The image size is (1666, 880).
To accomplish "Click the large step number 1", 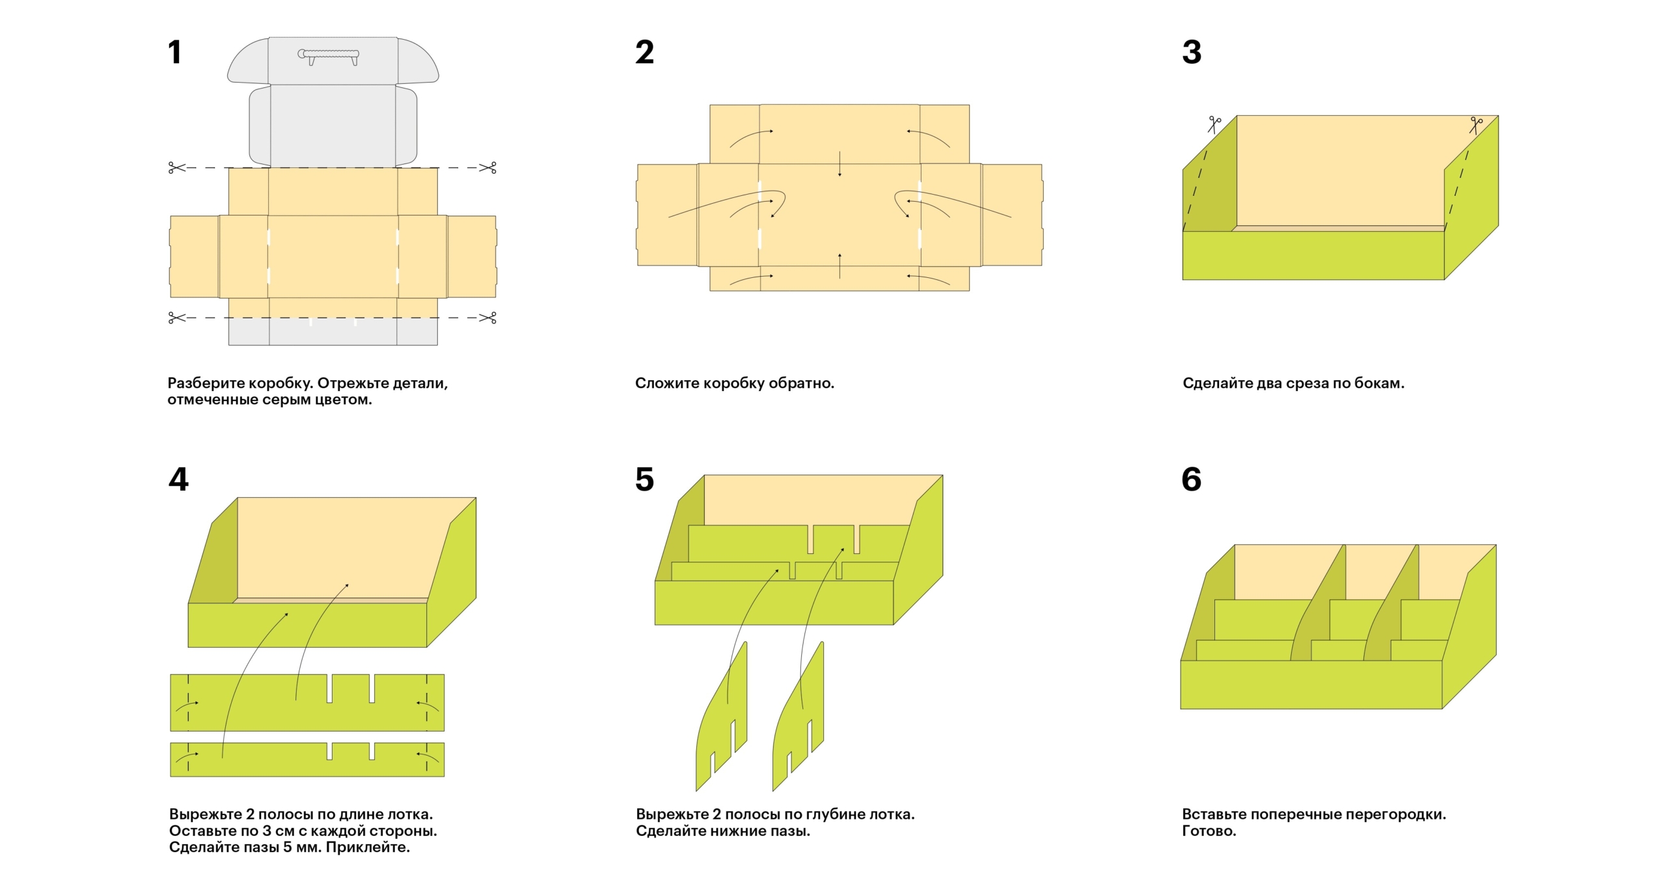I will coord(174,52).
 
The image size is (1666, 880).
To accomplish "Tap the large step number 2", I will coord(644,52).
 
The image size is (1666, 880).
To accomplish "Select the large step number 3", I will coord(1192,52).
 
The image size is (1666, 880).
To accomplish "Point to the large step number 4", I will coord(178,479).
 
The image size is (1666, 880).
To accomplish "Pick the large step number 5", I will coord(644,479).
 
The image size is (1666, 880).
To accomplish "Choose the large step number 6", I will coord(1192,479).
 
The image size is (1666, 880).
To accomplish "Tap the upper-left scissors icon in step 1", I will coord(176,168).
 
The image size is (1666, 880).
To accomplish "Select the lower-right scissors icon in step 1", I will coord(488,318).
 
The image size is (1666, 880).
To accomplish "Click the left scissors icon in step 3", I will coord(1214,124).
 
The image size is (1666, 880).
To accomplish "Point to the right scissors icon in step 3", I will coord(1475,124).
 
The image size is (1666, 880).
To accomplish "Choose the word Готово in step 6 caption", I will coord(1208,831).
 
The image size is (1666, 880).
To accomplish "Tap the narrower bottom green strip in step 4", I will coord(260,760).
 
